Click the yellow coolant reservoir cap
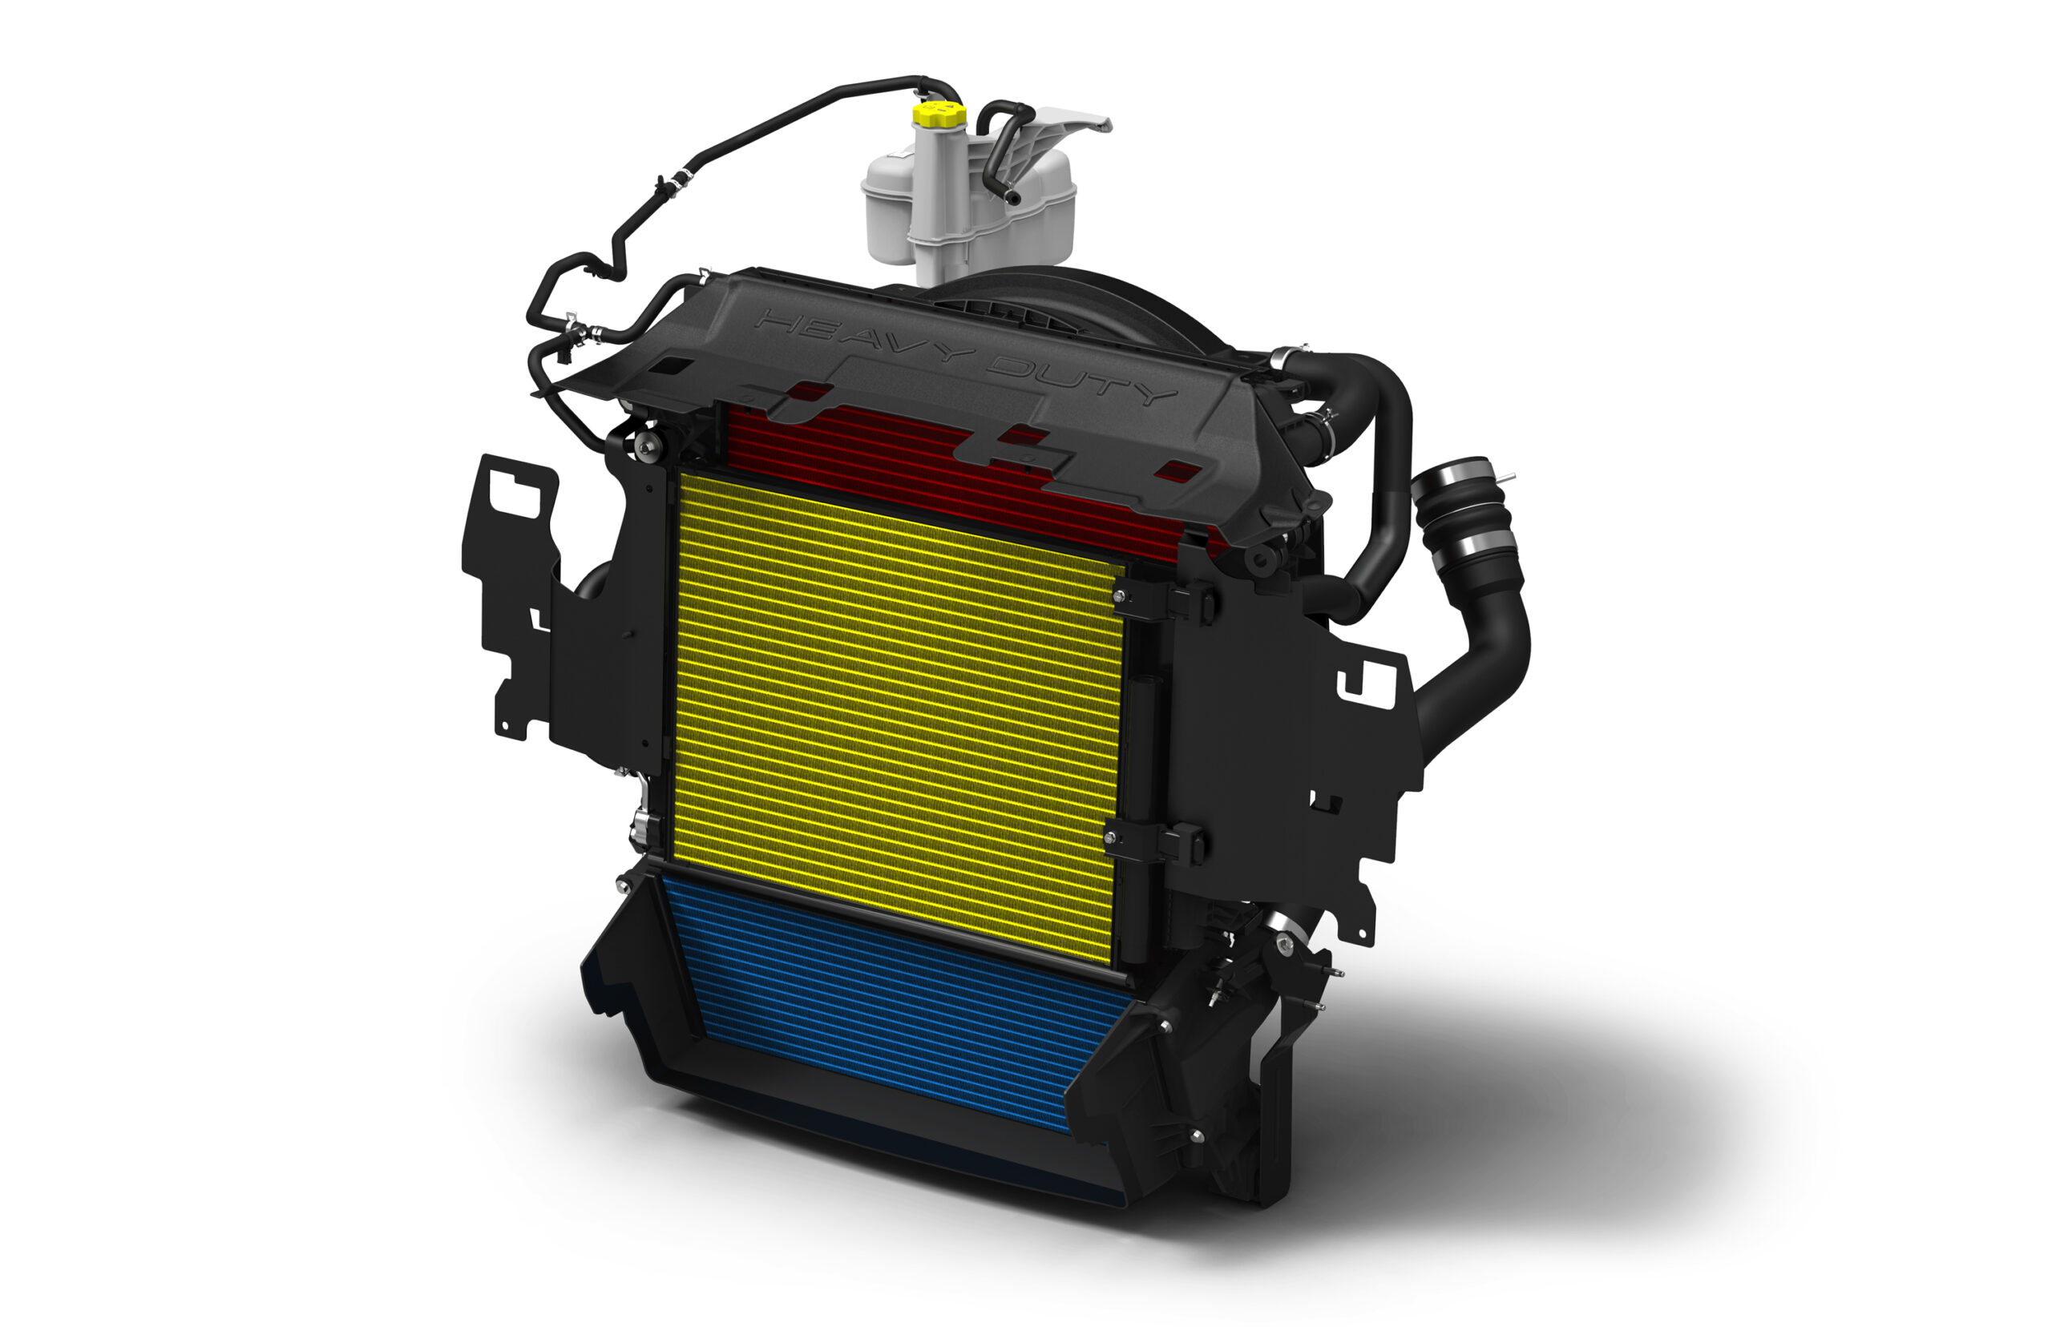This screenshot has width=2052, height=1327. (939, 114)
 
